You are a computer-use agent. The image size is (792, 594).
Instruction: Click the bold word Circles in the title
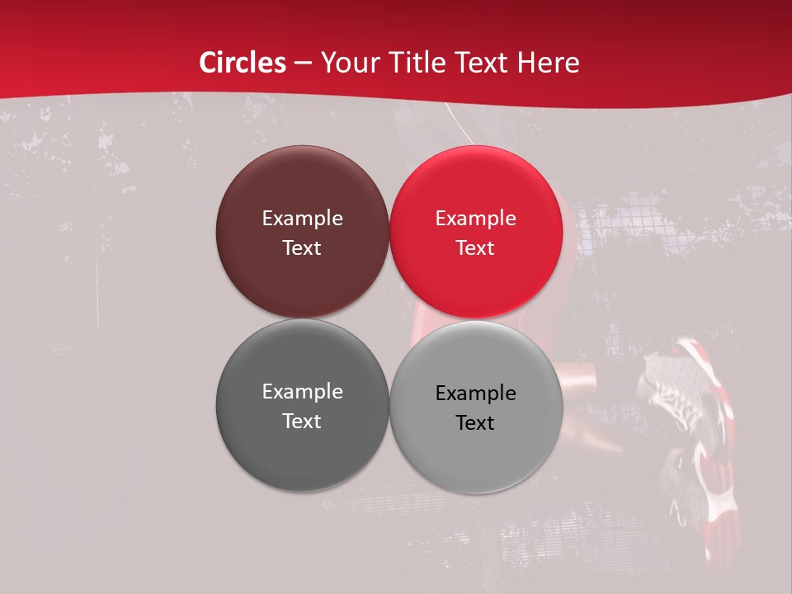[243, 63]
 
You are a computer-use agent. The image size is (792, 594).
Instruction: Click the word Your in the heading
[349, 63]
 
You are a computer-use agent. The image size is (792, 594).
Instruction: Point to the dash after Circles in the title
[303, 64]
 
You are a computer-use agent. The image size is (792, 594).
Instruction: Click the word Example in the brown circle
[302, 219]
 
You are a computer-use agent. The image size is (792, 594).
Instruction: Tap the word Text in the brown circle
[302, 248]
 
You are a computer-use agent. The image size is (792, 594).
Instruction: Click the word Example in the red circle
[476, 219]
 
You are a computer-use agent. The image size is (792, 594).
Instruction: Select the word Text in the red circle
[476, 248]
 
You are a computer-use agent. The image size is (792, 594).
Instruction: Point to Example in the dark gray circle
[302, 392]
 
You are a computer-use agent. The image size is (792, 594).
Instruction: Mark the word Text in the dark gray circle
[302, 422]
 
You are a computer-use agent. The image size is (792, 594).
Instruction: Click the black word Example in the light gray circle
[476, 394]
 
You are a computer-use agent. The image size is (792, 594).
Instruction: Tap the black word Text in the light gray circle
[476, 423]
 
